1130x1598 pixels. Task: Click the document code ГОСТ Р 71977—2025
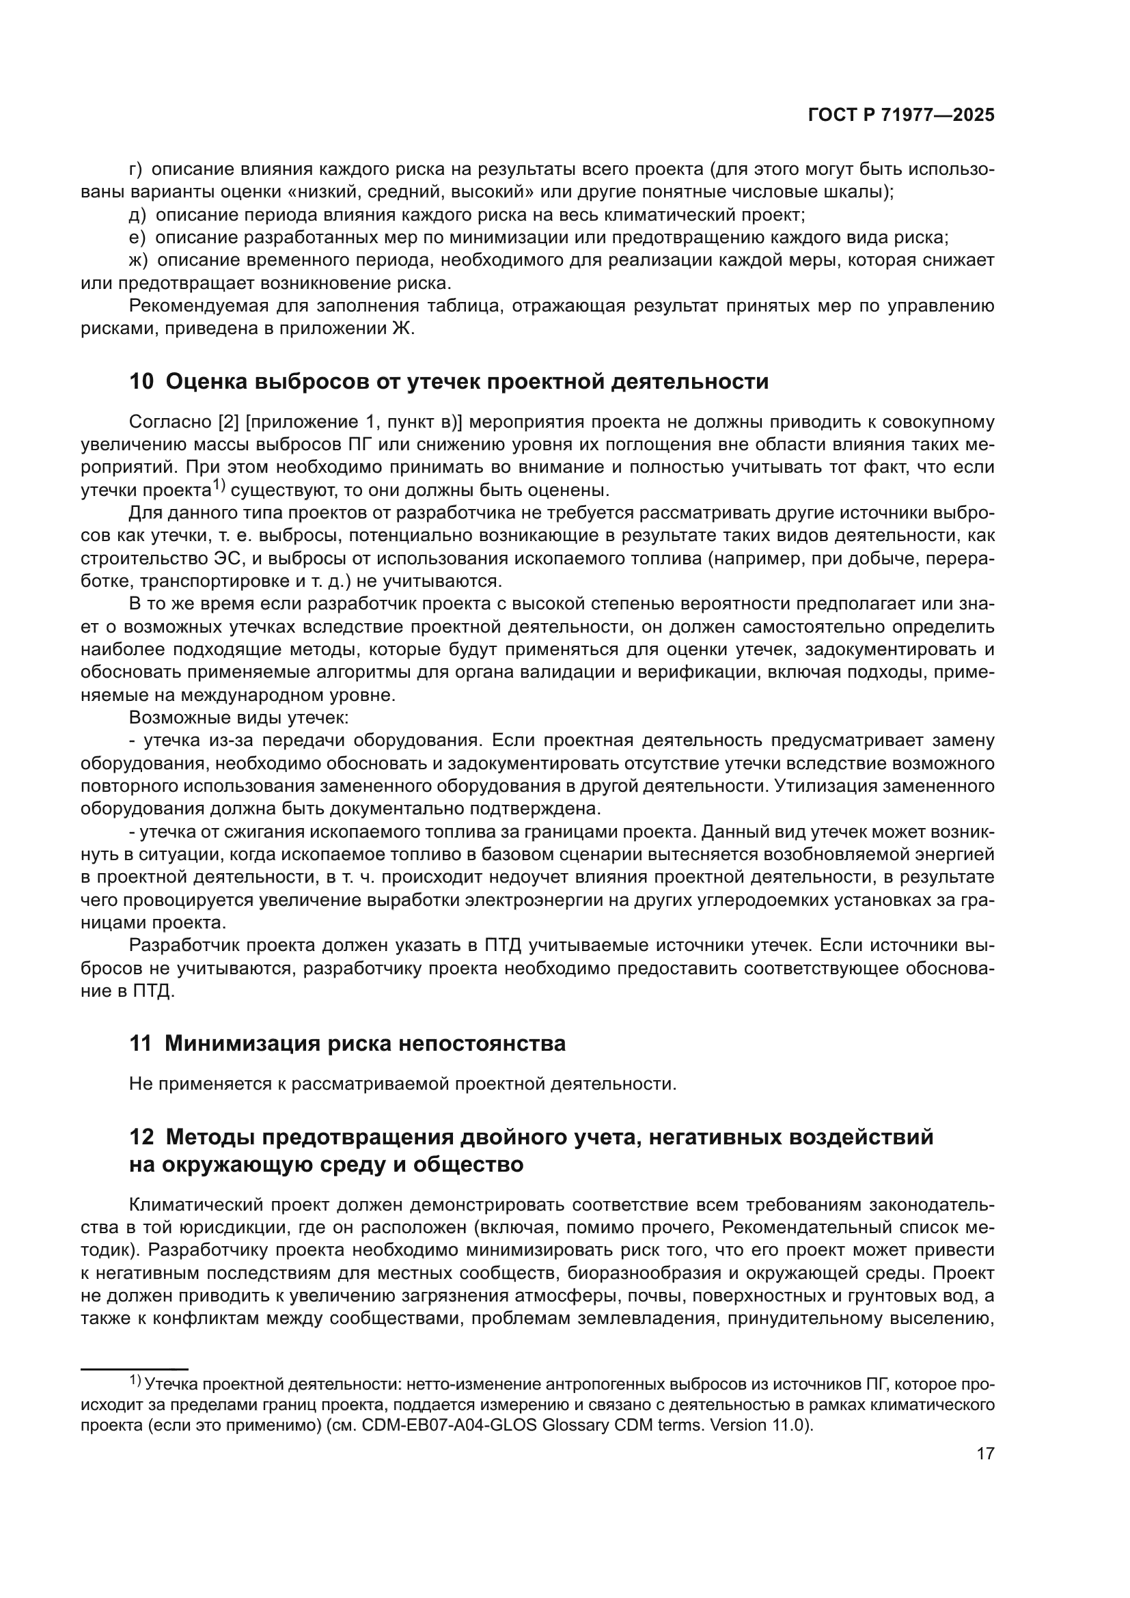901,115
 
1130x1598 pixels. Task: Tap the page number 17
985,1454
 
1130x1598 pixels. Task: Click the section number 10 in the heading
141,382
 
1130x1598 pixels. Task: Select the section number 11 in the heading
140,1044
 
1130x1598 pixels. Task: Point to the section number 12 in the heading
141,1138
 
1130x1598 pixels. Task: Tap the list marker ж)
139,260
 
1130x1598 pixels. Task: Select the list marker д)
137,215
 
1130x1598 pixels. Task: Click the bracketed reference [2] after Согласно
229,422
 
